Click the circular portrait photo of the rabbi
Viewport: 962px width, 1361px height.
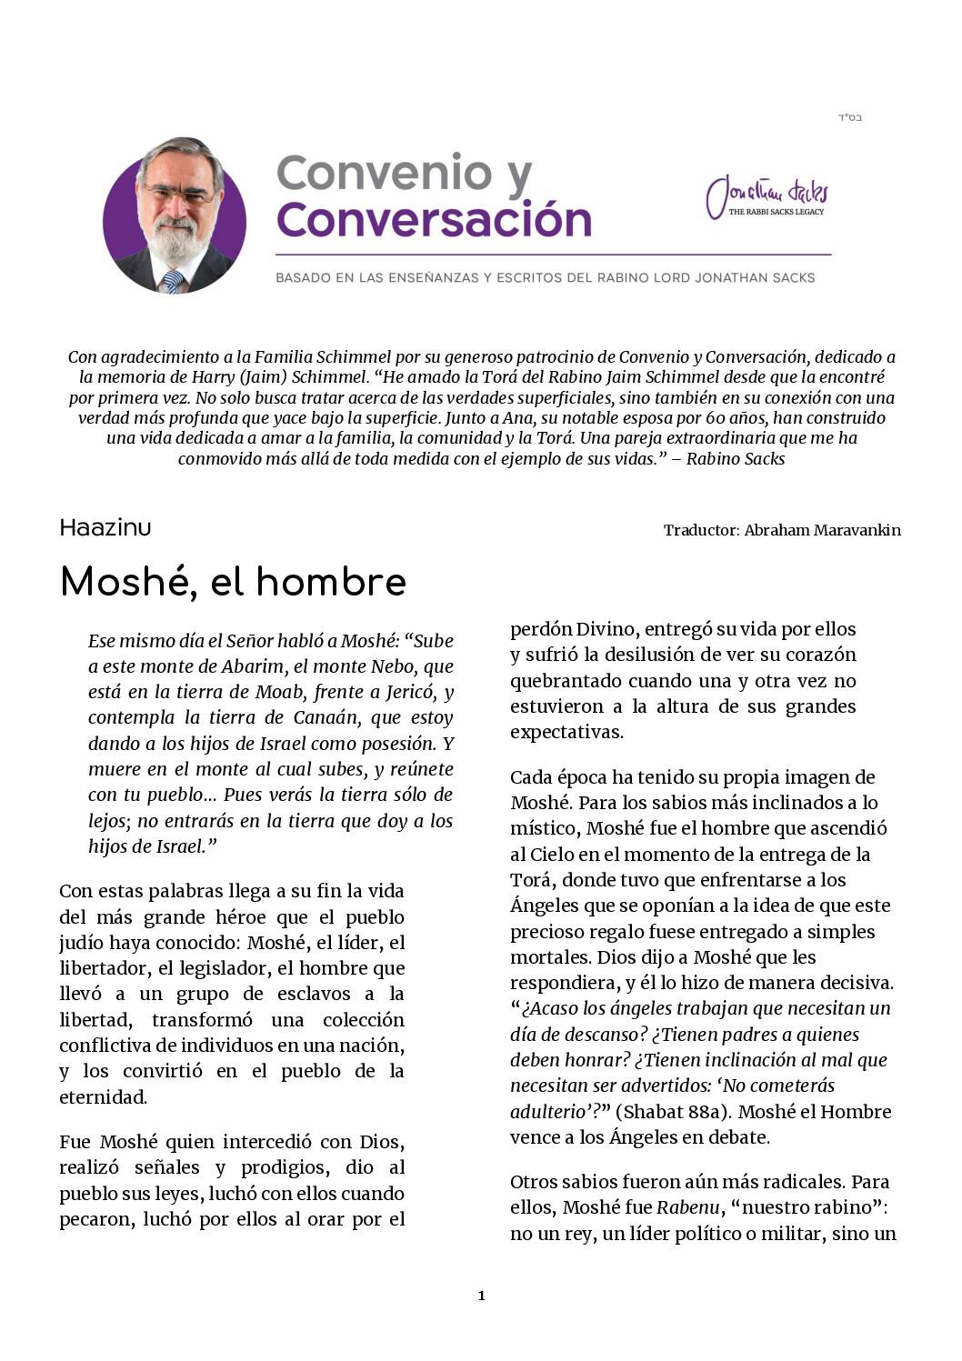point(175,216)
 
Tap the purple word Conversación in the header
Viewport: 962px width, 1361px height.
point(434,219)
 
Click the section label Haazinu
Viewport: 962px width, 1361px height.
point(105,528)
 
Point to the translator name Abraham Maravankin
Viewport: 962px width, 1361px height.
point(822,530)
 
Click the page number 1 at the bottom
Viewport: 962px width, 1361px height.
point(481,1296)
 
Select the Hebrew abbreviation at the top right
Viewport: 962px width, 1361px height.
point(849,118)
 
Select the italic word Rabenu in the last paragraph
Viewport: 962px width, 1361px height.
point(680,1207)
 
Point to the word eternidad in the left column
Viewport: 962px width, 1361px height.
point(103,1096)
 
